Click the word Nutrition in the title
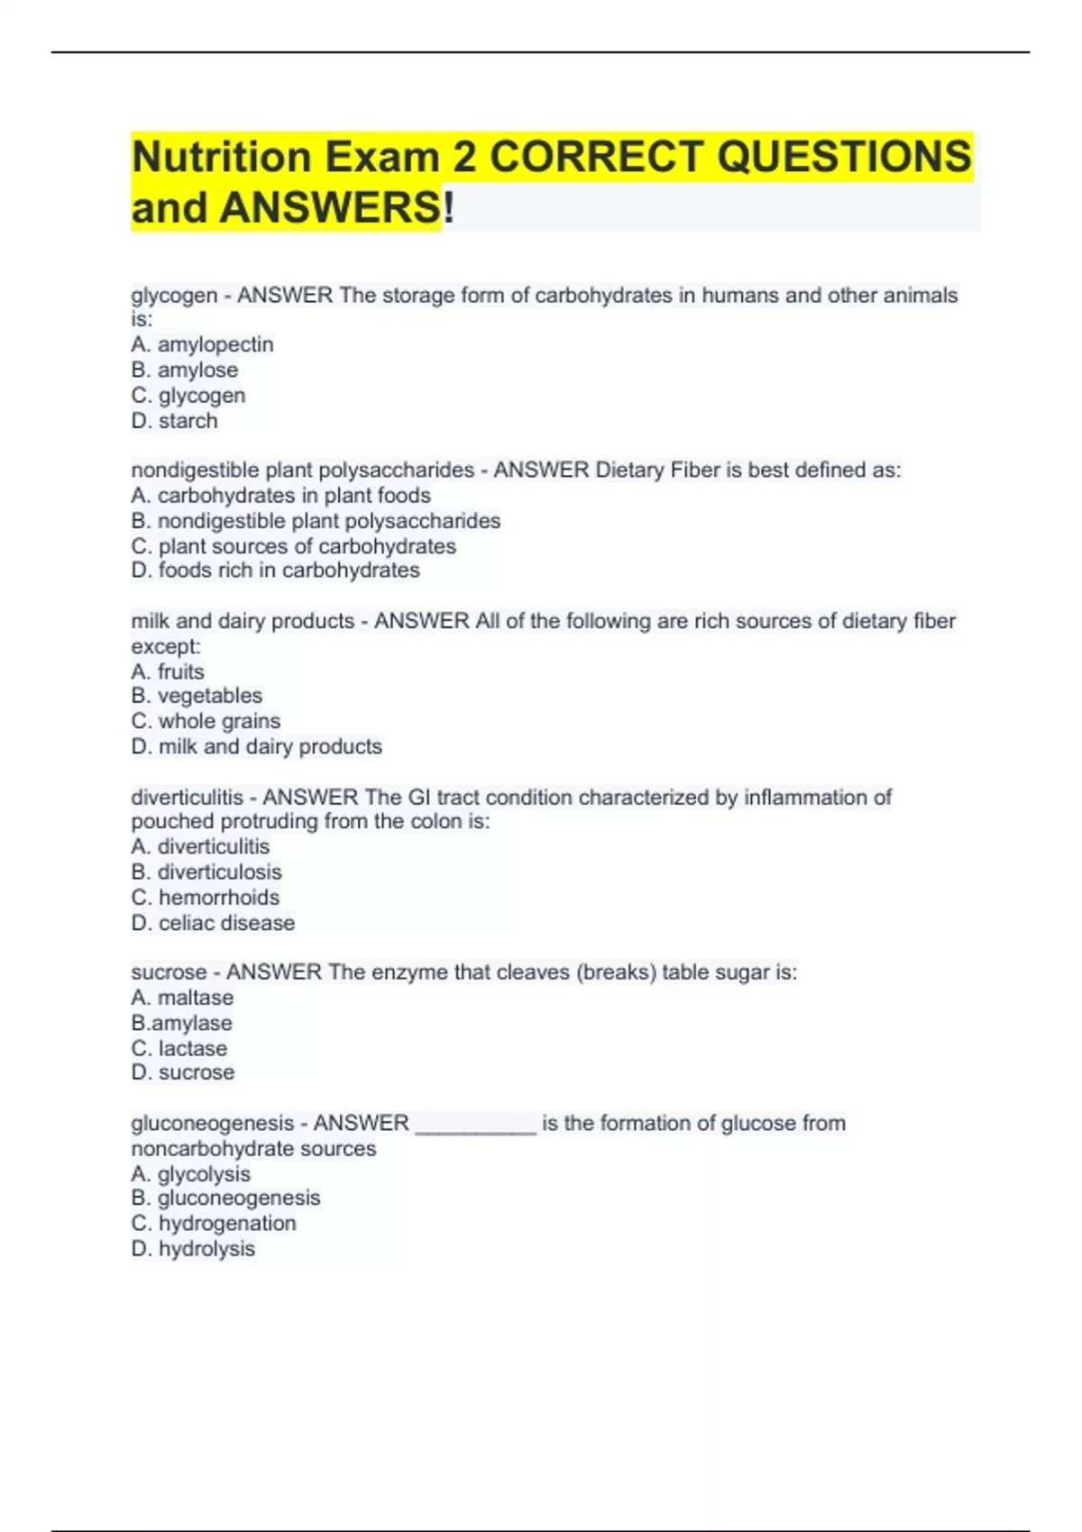(x=221, y=157)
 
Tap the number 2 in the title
(x=464, y=157)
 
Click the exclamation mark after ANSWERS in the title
(x=449, y=208)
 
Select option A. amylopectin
(x=202, y=344)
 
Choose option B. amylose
(x=185, y=369)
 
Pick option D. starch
(x=175, y=421)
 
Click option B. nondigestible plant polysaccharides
(x=316, y=521)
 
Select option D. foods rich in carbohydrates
(x=275, y=570)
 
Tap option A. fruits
(x=168, y=671)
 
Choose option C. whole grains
(x=206, y=721)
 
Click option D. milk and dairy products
(x=256, y=746)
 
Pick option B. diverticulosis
(x=206, y=871)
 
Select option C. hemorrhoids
(x=206, y=898)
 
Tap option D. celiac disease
(x=213, y=923)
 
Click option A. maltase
(x=182, y=998)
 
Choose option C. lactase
(x=179, y=1048)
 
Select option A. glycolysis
(x=191, y=1174)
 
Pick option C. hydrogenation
(x=214, y=1223)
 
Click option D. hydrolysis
(x=193, y=1249)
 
